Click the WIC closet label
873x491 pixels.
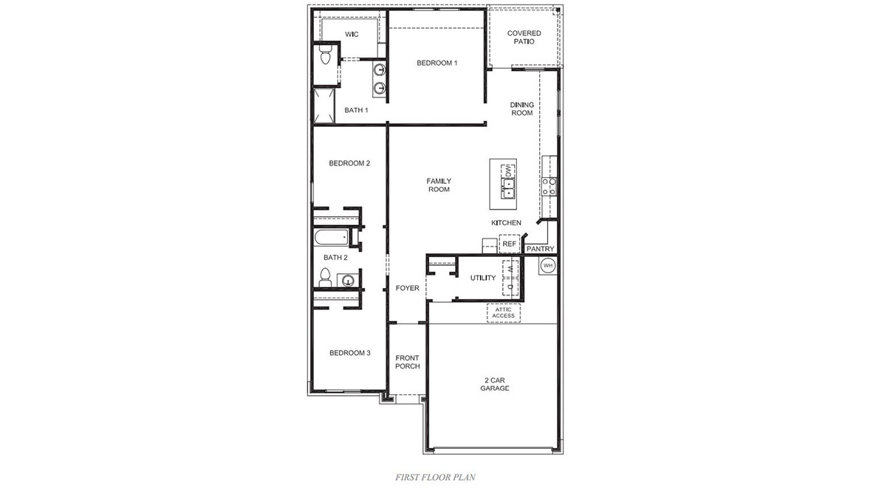[x=352, y=35]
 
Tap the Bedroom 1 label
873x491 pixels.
[x=437, y=63]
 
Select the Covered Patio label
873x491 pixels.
[x=524, y=37]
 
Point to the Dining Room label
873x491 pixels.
[x=521, y=109]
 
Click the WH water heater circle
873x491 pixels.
[x=548, y=265]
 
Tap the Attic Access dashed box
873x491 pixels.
[x=503, y=312]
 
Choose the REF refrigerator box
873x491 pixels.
[x=509, y=244]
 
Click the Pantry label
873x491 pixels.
[x=540, y=250]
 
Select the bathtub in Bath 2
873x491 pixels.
[x=330, y=238]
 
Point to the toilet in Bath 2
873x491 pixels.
[x=324, y=278]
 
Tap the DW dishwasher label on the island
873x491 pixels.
[x=508, y=171]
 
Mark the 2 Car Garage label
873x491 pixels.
[x=495, y=385]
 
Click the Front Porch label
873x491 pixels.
[x=408, y=362]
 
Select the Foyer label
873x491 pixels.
[x=408, y=288]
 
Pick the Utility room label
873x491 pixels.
[x=483, y=278]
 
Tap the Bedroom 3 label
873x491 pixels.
[x=349, y=353]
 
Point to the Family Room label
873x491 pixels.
[x=439, y=185]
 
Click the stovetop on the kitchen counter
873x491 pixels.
[x=549, y=186]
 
